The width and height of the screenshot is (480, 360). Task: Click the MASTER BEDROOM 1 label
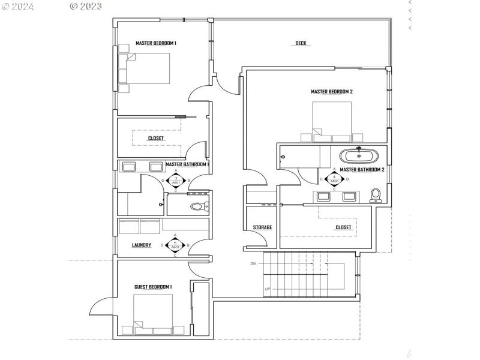(155, 43)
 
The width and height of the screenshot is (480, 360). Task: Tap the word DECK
(301, 43)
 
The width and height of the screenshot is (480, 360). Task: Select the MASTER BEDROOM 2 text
(331, 92)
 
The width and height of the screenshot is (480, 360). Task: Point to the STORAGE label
(262, 227)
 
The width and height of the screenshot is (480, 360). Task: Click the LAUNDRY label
(141, 245)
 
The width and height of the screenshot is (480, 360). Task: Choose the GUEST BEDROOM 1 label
(153, 287)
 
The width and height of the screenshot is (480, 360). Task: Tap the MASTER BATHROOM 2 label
(361, 170)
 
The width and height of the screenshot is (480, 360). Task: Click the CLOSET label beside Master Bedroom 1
(155, 139)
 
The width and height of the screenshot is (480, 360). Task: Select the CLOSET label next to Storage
(343, 227)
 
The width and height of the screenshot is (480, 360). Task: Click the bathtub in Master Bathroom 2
(359, 156)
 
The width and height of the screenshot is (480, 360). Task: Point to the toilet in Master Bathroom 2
(376, 194)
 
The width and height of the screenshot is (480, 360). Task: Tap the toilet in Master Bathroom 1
(198, 206)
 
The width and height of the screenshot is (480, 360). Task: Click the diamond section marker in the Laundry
(175, 245)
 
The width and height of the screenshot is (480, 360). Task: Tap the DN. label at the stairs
(254, 264)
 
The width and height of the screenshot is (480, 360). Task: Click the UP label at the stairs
(268, 289)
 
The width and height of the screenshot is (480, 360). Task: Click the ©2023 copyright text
(85, 7)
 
